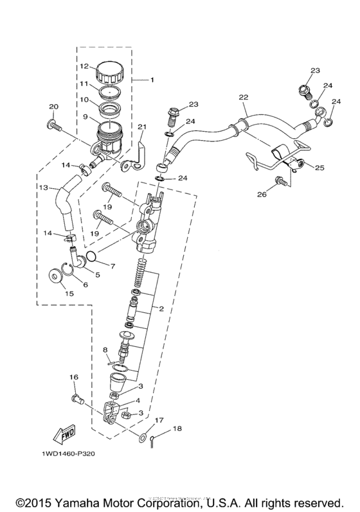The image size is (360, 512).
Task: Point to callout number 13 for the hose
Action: [43, 188]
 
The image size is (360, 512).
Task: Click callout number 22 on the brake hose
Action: [243, 98]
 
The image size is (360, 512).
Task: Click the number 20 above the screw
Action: [53, 107]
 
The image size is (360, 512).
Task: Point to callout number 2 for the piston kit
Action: [161, 309]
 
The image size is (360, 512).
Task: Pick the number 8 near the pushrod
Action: [105, 349]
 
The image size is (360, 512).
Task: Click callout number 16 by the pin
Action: [74, 378]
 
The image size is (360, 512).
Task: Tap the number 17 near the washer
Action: [159, 421]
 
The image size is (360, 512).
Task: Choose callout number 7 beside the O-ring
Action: [113, 265]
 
